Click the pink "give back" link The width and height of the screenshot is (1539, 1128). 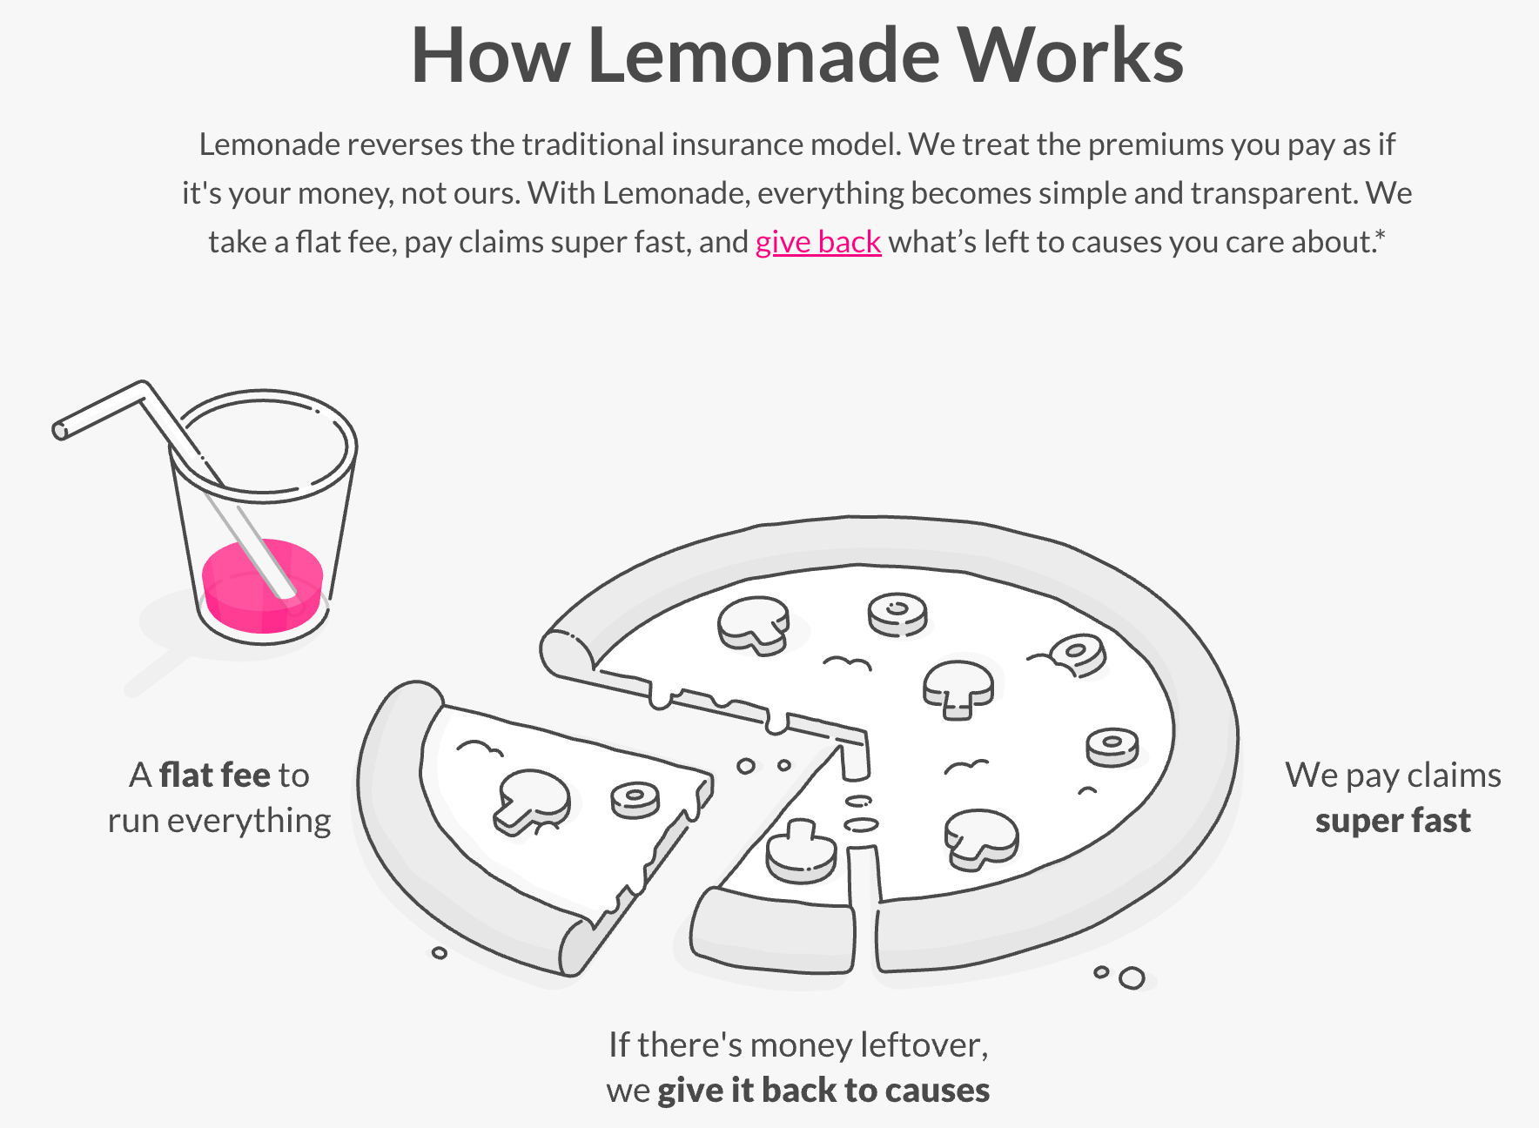(818, 242)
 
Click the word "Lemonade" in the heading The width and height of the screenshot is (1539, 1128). (763, 56)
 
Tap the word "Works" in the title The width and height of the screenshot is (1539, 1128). (1071, 56)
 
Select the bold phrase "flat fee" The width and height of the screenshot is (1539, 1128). (215, 775)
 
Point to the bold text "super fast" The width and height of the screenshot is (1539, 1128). (1393, 821)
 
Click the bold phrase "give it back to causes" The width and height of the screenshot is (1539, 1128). (823, 1090)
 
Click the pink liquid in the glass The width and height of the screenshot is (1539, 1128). (262, 586)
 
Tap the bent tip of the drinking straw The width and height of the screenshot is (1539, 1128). (59, 430)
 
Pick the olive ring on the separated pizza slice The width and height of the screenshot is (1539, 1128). (635, 800)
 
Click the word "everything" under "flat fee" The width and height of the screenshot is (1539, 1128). (249, 821)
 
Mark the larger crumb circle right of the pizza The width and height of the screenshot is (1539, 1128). (1132, 978)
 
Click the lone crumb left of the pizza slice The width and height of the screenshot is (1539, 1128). (440, 953)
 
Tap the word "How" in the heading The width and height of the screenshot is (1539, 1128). (490, 56)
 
